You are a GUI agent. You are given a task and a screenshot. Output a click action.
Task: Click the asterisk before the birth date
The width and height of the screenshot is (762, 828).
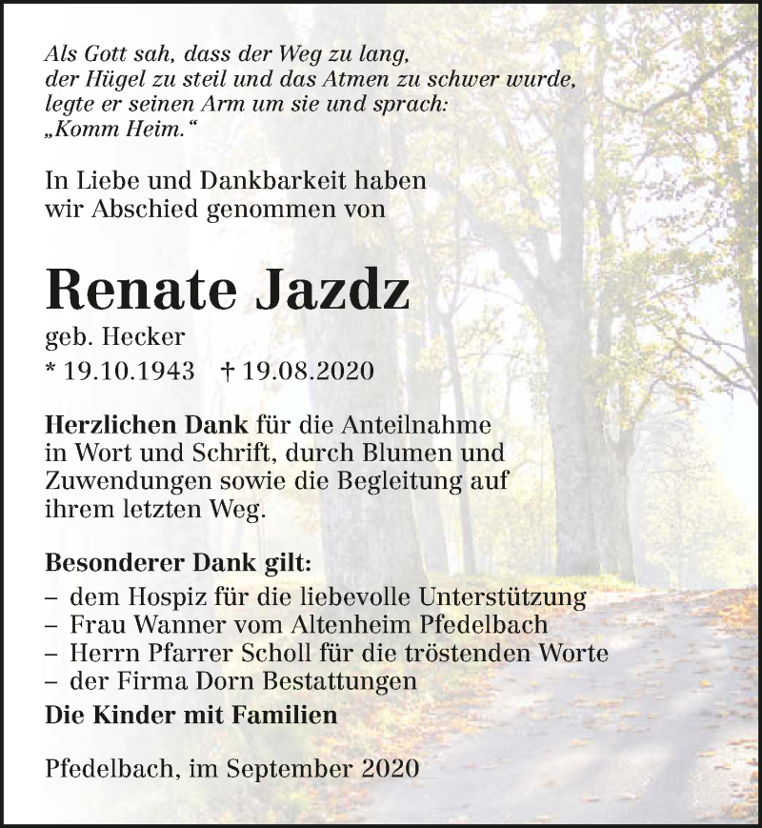coord(50,369)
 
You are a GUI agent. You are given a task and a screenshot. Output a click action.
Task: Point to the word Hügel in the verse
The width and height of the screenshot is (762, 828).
coord(107,80)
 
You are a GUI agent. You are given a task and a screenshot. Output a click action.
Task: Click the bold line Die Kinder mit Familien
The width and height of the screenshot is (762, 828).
coord(191,715)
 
